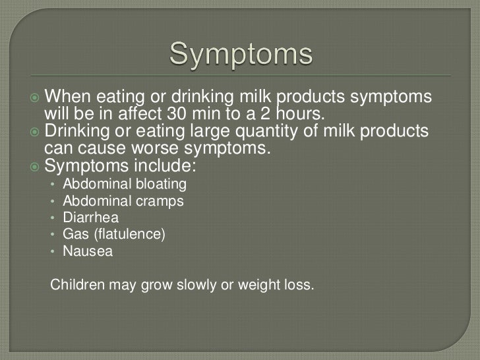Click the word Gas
coord(73,234)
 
